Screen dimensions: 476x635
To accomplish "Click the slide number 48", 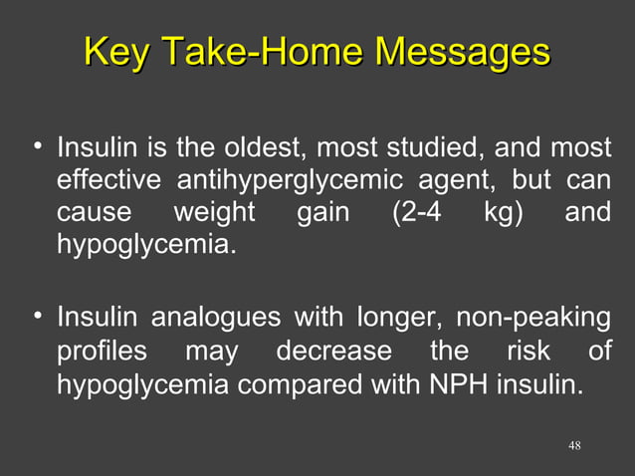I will tap(574, 444).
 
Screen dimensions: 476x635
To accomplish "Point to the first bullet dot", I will tap(37, 147).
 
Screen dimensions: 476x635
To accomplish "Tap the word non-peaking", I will tap(533, 320).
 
